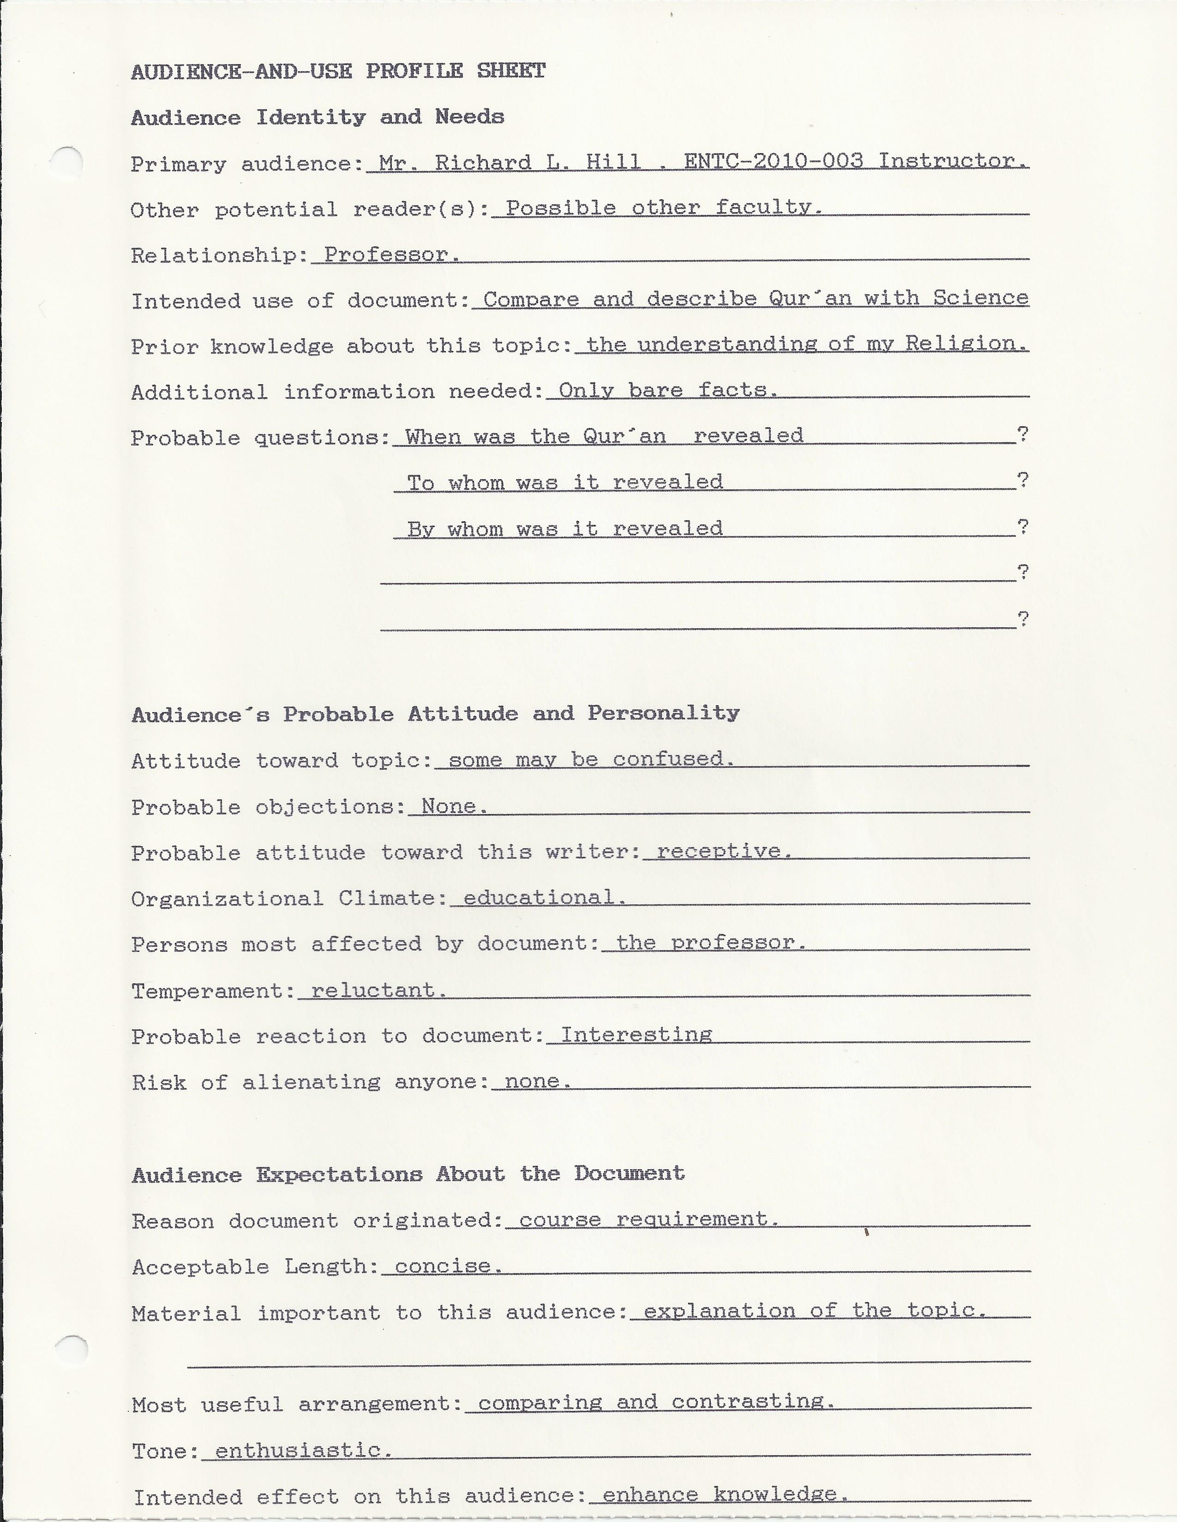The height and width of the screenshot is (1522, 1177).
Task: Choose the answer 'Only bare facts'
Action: tap(667, 390)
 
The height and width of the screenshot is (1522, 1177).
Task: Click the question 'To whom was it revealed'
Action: tap(565, 482)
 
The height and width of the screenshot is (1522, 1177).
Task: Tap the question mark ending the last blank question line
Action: tap(1022, 619)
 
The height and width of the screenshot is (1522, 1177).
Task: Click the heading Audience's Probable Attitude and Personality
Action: tap(435, 713)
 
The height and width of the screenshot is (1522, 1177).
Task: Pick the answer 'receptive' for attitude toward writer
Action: tap(723, 851)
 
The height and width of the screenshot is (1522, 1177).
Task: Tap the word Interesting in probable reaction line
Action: tap(636, 1035)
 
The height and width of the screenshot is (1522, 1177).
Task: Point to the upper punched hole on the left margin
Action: tap(68, 162)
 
